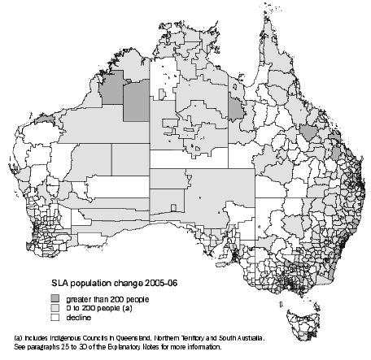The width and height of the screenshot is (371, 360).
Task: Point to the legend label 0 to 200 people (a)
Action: tap(99, 309)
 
